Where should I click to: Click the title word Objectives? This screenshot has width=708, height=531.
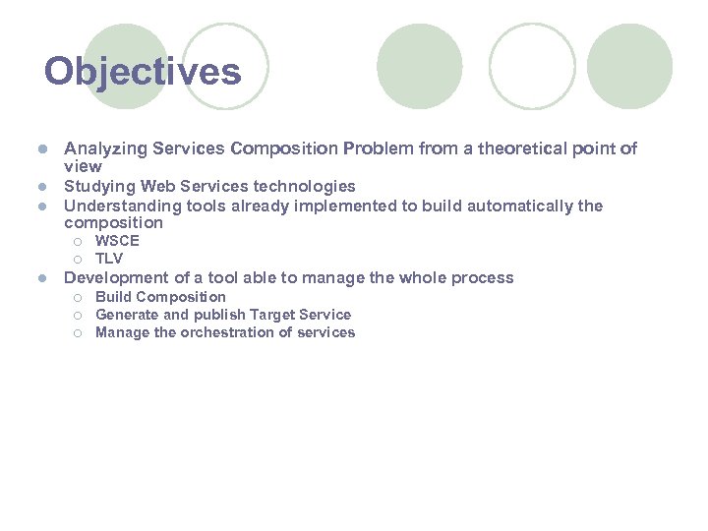143,72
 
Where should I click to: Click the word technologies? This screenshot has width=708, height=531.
303,187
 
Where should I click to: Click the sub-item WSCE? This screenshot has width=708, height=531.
117,241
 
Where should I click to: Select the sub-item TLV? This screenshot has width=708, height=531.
109,259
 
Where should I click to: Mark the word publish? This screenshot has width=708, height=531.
222,315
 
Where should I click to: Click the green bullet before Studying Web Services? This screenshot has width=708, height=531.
42,187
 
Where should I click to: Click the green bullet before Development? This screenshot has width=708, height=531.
42,278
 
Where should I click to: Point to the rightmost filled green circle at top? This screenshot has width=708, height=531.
630,66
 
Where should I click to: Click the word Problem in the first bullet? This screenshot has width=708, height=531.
375,149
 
